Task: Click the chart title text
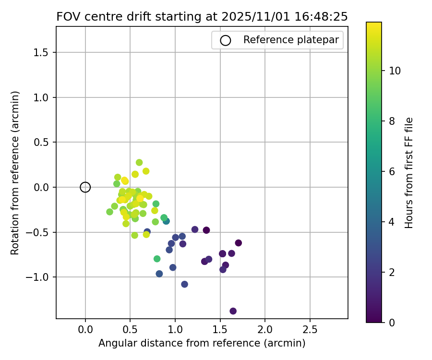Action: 202,16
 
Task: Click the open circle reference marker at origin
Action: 85,187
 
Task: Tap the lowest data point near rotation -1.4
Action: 233,311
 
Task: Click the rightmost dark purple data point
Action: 239,243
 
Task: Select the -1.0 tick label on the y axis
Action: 40,277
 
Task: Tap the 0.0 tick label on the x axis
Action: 85,330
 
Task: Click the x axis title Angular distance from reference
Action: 202,344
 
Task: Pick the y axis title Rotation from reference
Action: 15,173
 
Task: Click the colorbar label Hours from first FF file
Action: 409,173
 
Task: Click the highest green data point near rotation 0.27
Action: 139,163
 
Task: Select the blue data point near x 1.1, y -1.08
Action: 185,284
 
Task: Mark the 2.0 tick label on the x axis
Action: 265,330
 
